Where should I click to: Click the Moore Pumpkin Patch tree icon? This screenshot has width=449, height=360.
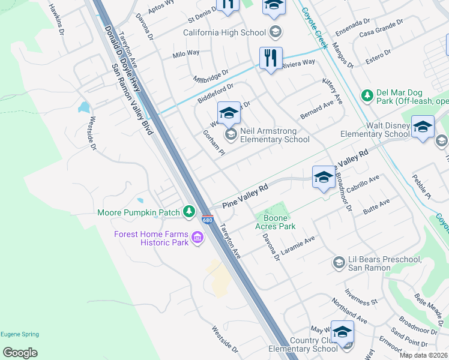tap(190, 211)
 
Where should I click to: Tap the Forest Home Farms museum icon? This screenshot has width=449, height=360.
tap(197, 239)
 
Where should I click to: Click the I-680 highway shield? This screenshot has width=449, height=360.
tap(208, 220)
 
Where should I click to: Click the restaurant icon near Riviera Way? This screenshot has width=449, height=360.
tap(271, 58)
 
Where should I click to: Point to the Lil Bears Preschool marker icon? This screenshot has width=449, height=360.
tap(339, 263)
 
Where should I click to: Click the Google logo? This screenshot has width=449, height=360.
tap(20, 353)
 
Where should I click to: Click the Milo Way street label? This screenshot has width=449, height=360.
tap(185, 53)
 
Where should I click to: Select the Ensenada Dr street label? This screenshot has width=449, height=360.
tap(354, 25)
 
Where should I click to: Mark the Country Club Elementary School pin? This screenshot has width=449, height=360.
tap(342, 332)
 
